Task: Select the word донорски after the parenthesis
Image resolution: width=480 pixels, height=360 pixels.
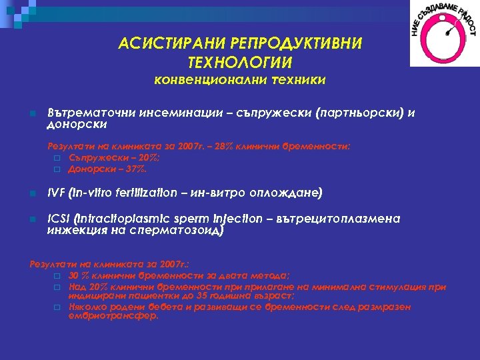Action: pyautogui.click(x=77, y=124)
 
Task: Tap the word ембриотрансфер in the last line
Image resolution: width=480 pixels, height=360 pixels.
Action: pyautogui.click(x=113, y=315)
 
